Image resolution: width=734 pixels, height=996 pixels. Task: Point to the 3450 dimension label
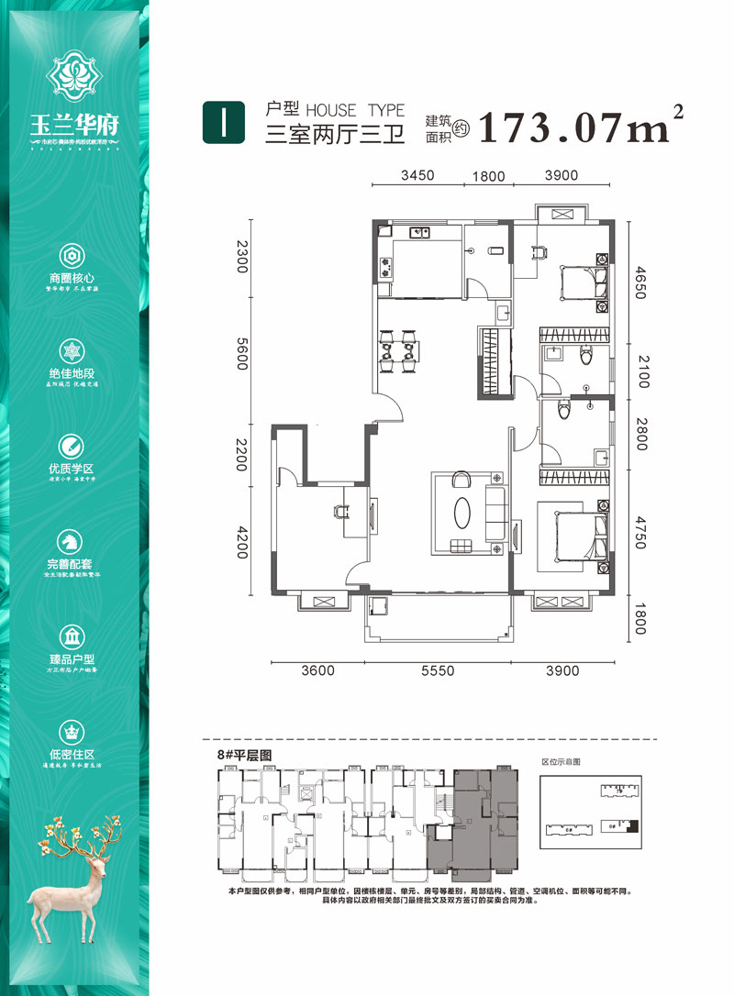(x=417, y=175)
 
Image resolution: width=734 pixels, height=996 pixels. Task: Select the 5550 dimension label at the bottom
(x=438, y=671)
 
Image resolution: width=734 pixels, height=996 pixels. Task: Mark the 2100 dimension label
(x=641, y=374)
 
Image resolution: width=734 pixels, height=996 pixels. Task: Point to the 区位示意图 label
(x=562, y=762)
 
